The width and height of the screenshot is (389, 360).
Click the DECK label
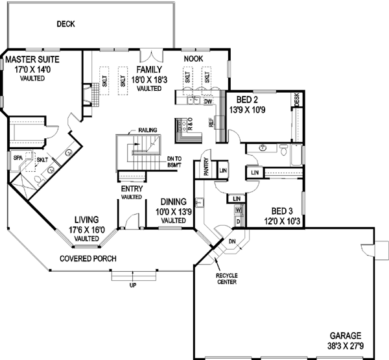(x=65, y=25)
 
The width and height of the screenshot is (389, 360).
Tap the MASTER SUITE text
(x=29, y=60)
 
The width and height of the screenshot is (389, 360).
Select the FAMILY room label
(x=148, y=70)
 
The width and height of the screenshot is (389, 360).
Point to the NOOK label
(x=194, y=59)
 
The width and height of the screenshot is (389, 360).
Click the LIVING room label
(x=86, y=219)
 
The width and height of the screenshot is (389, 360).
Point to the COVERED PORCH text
(x=88, y=259)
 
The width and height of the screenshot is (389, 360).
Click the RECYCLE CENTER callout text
(x=228, y=278)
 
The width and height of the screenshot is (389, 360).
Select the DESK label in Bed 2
(x=297, y=99)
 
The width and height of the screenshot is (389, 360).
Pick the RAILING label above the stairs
(x=147, y=130)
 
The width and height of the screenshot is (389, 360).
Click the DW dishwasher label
(x=208, y=102)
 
